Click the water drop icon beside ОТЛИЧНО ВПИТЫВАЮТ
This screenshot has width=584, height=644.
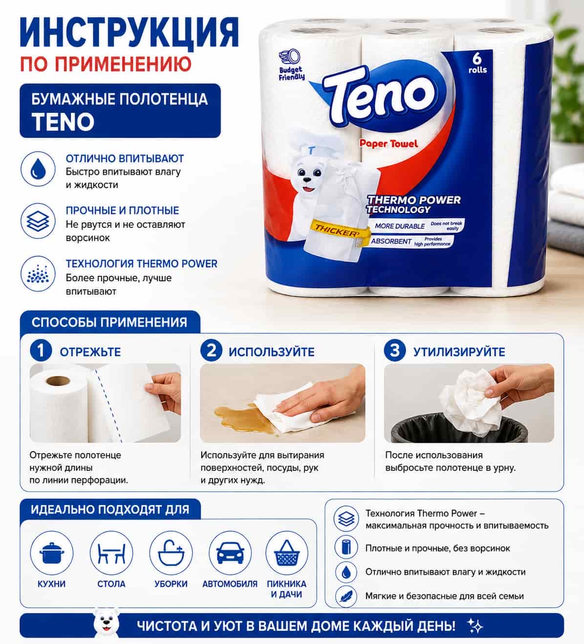[x=38, y=169]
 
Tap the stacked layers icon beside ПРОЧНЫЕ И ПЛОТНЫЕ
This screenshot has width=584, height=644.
[x=38, y=221]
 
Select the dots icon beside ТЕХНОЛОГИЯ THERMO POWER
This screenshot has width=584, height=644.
[x=38, y=274]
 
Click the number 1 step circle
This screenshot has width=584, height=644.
[x=41, y=350]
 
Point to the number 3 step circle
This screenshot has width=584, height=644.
[x=395, y=350]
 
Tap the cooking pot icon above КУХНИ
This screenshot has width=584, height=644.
[x=52, y=553]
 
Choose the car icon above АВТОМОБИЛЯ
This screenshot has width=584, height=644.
[x=230, y=553]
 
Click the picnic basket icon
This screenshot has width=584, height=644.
[x=287, y=553]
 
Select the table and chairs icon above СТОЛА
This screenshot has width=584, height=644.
[x=111, y=553]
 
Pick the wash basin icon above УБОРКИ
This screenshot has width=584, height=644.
[x=171, y=553]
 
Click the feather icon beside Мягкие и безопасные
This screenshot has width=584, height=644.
[x=346, y=596]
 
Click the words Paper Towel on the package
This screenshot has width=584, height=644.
[x=389, y=143]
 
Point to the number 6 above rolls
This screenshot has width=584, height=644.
[x=477, y=59]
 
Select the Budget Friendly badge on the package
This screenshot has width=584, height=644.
[x=291, y=65]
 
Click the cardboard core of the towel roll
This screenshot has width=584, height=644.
[x=58, y=381]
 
